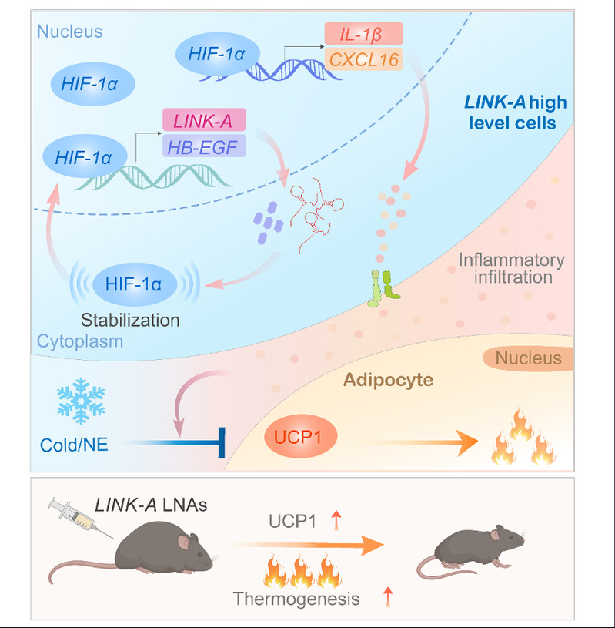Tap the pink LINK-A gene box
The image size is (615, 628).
pyautogui.click(x=203, y=120)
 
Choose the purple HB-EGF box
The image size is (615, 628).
pyautogui.click(x=203, y=146)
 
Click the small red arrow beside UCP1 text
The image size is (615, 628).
pyautogui.click(x=335, y=522)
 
